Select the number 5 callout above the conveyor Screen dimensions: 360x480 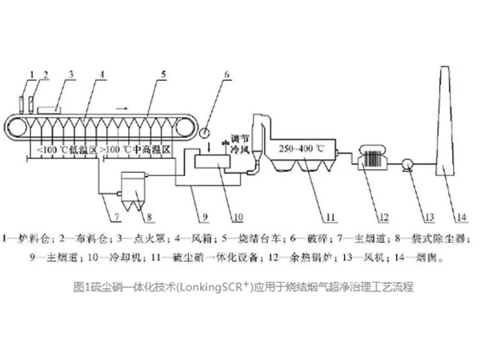coord(163,74)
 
